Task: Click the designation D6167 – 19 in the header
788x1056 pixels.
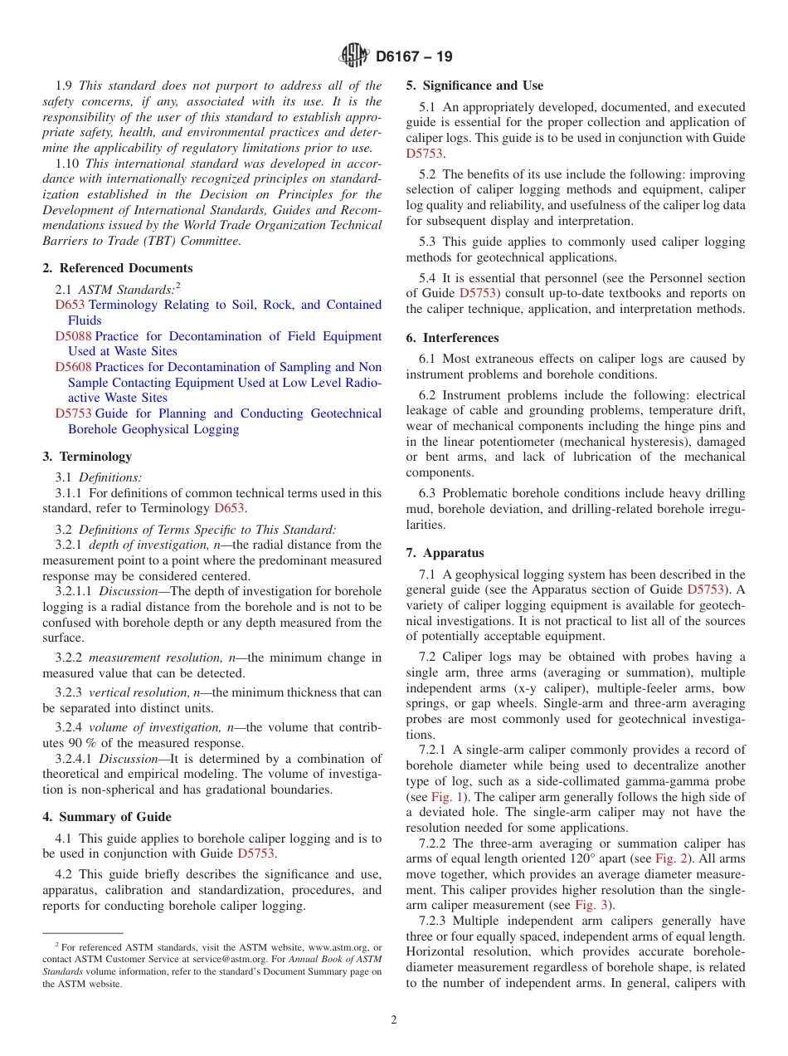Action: (x=414, y=57)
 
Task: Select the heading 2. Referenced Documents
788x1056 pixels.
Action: (x=118, y=268)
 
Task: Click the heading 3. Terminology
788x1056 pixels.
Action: (x=87, y=457)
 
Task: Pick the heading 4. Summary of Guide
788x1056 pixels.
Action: (x=107, y=817)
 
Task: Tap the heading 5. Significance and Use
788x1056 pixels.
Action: (x=474, y=86)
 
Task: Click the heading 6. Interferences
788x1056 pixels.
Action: (x=452, y=338)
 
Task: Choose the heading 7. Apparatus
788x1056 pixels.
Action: (x=445, y=553)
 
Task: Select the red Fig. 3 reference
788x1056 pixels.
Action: (x=591, y=905)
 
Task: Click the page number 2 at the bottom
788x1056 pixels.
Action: (x=394, y=1020)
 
